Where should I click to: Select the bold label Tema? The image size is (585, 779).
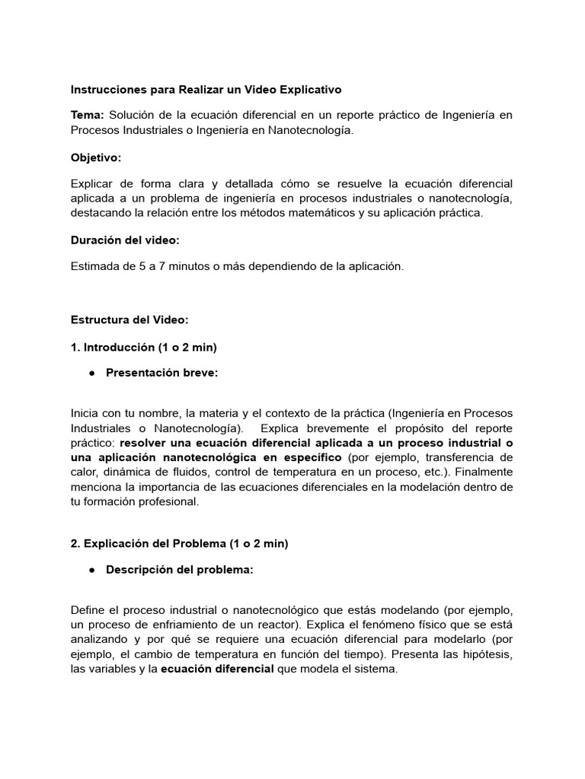click(x=88, y=115)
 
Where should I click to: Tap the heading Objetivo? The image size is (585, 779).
click(x=96, y=157)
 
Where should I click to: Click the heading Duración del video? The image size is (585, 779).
click(x=125, y=240)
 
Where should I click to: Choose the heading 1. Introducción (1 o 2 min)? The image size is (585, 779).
click(x=144, y=348)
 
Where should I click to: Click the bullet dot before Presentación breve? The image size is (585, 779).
click(x=92, y=374)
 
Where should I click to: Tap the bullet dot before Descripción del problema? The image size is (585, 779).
click(x=92, y=570)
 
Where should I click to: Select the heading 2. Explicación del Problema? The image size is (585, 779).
click(x=179, y=544)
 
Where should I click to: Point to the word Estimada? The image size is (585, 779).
click(x=94, y=267)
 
